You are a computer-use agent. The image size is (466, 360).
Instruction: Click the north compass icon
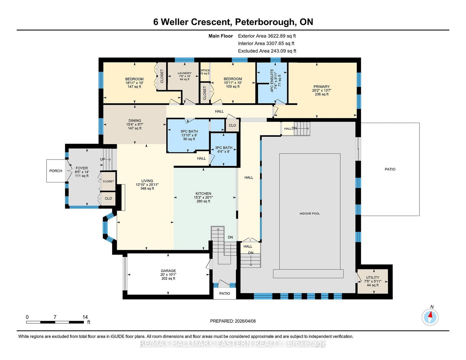pyautogui.click(x=430, y=317)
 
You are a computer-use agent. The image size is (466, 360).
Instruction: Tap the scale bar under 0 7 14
pyautogui.click(x=55, y=322)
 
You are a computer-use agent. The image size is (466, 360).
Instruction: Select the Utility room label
pyautogui.click(x=373, y=281)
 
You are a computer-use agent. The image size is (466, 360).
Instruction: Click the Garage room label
pyautogui.click(x=168, y=274)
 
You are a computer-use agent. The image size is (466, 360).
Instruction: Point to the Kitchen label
pyautogui.click(x=203, y=197)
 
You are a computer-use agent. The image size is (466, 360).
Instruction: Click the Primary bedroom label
pyautogui.click(x=322, y=90)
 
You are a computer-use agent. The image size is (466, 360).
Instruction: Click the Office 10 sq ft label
pyautogui.click(x=205, y=72)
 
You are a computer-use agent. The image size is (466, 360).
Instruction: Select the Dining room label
pyautogui.click(x=135, y=124)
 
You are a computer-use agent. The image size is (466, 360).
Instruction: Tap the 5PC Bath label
pyautogui.click(x=189, y=135)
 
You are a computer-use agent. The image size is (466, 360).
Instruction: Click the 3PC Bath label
pyautogui.click(x=224, y=149)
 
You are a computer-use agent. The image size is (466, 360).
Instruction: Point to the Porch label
pyautogui.click(x=56, y=171)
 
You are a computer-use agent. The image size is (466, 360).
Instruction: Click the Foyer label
pyautogui.click(x=82, y=172)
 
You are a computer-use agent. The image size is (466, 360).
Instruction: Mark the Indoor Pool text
pyautogui.click(x=310, y=214)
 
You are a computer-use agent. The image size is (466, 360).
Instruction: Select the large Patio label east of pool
pyautogui.click(x=390, y=169)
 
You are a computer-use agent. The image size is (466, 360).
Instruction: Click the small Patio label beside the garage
pyautogui.click(x=225, y=293)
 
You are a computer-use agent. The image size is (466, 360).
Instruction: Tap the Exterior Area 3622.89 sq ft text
pyautogui.click(x=267, y=36)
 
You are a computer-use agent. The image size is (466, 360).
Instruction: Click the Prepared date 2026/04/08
pyautogui.click(x=233, y=321)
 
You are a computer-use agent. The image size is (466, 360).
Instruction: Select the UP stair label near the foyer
pyautogui.click(x=103, y=159)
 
